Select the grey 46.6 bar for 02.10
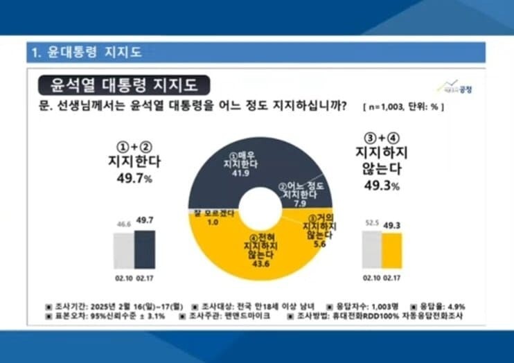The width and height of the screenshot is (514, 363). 124,250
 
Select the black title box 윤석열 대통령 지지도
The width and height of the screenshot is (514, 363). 123,85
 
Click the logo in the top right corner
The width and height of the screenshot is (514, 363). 453,87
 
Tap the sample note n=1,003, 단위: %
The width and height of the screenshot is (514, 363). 402,109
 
